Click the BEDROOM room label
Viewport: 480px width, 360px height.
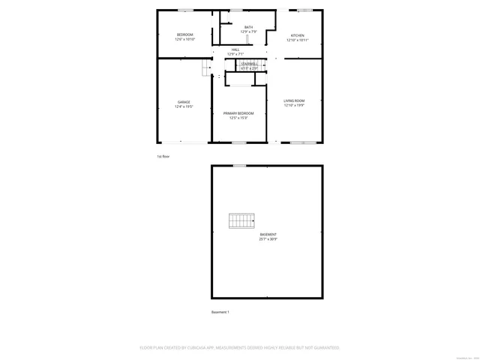184,35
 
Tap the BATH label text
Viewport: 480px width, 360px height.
248,28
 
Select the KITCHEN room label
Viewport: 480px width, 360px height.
297,35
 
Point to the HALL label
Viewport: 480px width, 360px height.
235,50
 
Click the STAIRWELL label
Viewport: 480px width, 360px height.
249,64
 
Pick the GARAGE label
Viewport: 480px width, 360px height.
184,102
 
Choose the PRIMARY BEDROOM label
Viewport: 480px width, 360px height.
238,113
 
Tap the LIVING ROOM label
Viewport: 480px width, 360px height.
294,100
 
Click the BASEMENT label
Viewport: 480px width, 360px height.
268,235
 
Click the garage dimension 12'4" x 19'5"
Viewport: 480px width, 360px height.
184,106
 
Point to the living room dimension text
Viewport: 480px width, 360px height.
294,105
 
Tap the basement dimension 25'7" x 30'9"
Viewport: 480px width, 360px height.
268,239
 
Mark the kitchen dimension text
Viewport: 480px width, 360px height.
297,40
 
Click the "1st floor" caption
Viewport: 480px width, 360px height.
163,156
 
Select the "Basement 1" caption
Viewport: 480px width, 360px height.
220,312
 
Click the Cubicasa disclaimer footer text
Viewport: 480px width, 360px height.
240,347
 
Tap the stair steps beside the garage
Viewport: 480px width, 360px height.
207,70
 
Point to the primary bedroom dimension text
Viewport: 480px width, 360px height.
238,118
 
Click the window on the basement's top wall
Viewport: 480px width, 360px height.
239,165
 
